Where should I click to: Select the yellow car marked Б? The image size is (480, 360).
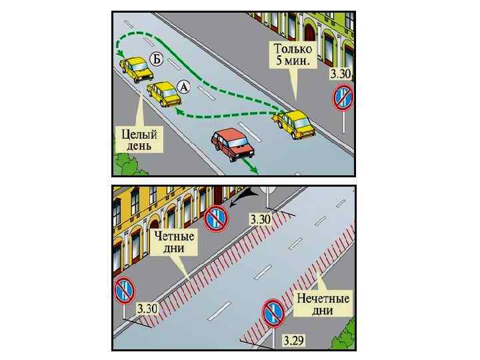point(136,69)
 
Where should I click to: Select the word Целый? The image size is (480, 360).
point(139,134)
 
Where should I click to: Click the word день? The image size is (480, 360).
point(139,145)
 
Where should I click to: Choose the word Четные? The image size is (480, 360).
point(174,236)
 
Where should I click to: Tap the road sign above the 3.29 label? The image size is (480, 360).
point(273,311)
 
